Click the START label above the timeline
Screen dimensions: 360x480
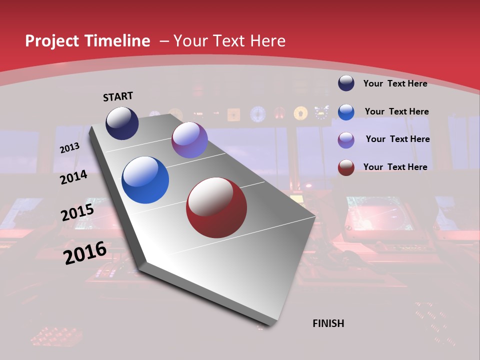click(118, 96)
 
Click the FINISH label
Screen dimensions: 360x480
click(328, 323)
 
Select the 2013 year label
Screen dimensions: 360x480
click(69, 148)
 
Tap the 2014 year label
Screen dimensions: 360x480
click(73, 177)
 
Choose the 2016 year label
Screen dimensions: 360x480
click(84, 252)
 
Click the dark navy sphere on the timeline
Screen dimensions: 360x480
click(122, 123)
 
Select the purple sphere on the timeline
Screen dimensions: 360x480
click(189, 140)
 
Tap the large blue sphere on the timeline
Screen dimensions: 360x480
click(145, 180)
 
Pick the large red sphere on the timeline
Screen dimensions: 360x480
click(216, 207)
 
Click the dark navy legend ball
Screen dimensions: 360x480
click(346, 83)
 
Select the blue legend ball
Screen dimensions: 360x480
click(346, 111)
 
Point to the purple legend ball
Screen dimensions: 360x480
click(346, 139)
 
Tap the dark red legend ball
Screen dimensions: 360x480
click(346, 167)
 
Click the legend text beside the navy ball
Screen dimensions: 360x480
click(395, 83)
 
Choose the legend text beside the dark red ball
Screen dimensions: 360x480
click(395, 167)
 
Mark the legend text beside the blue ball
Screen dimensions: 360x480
click(396, 111)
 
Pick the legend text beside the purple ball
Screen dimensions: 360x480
click(397, 139)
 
